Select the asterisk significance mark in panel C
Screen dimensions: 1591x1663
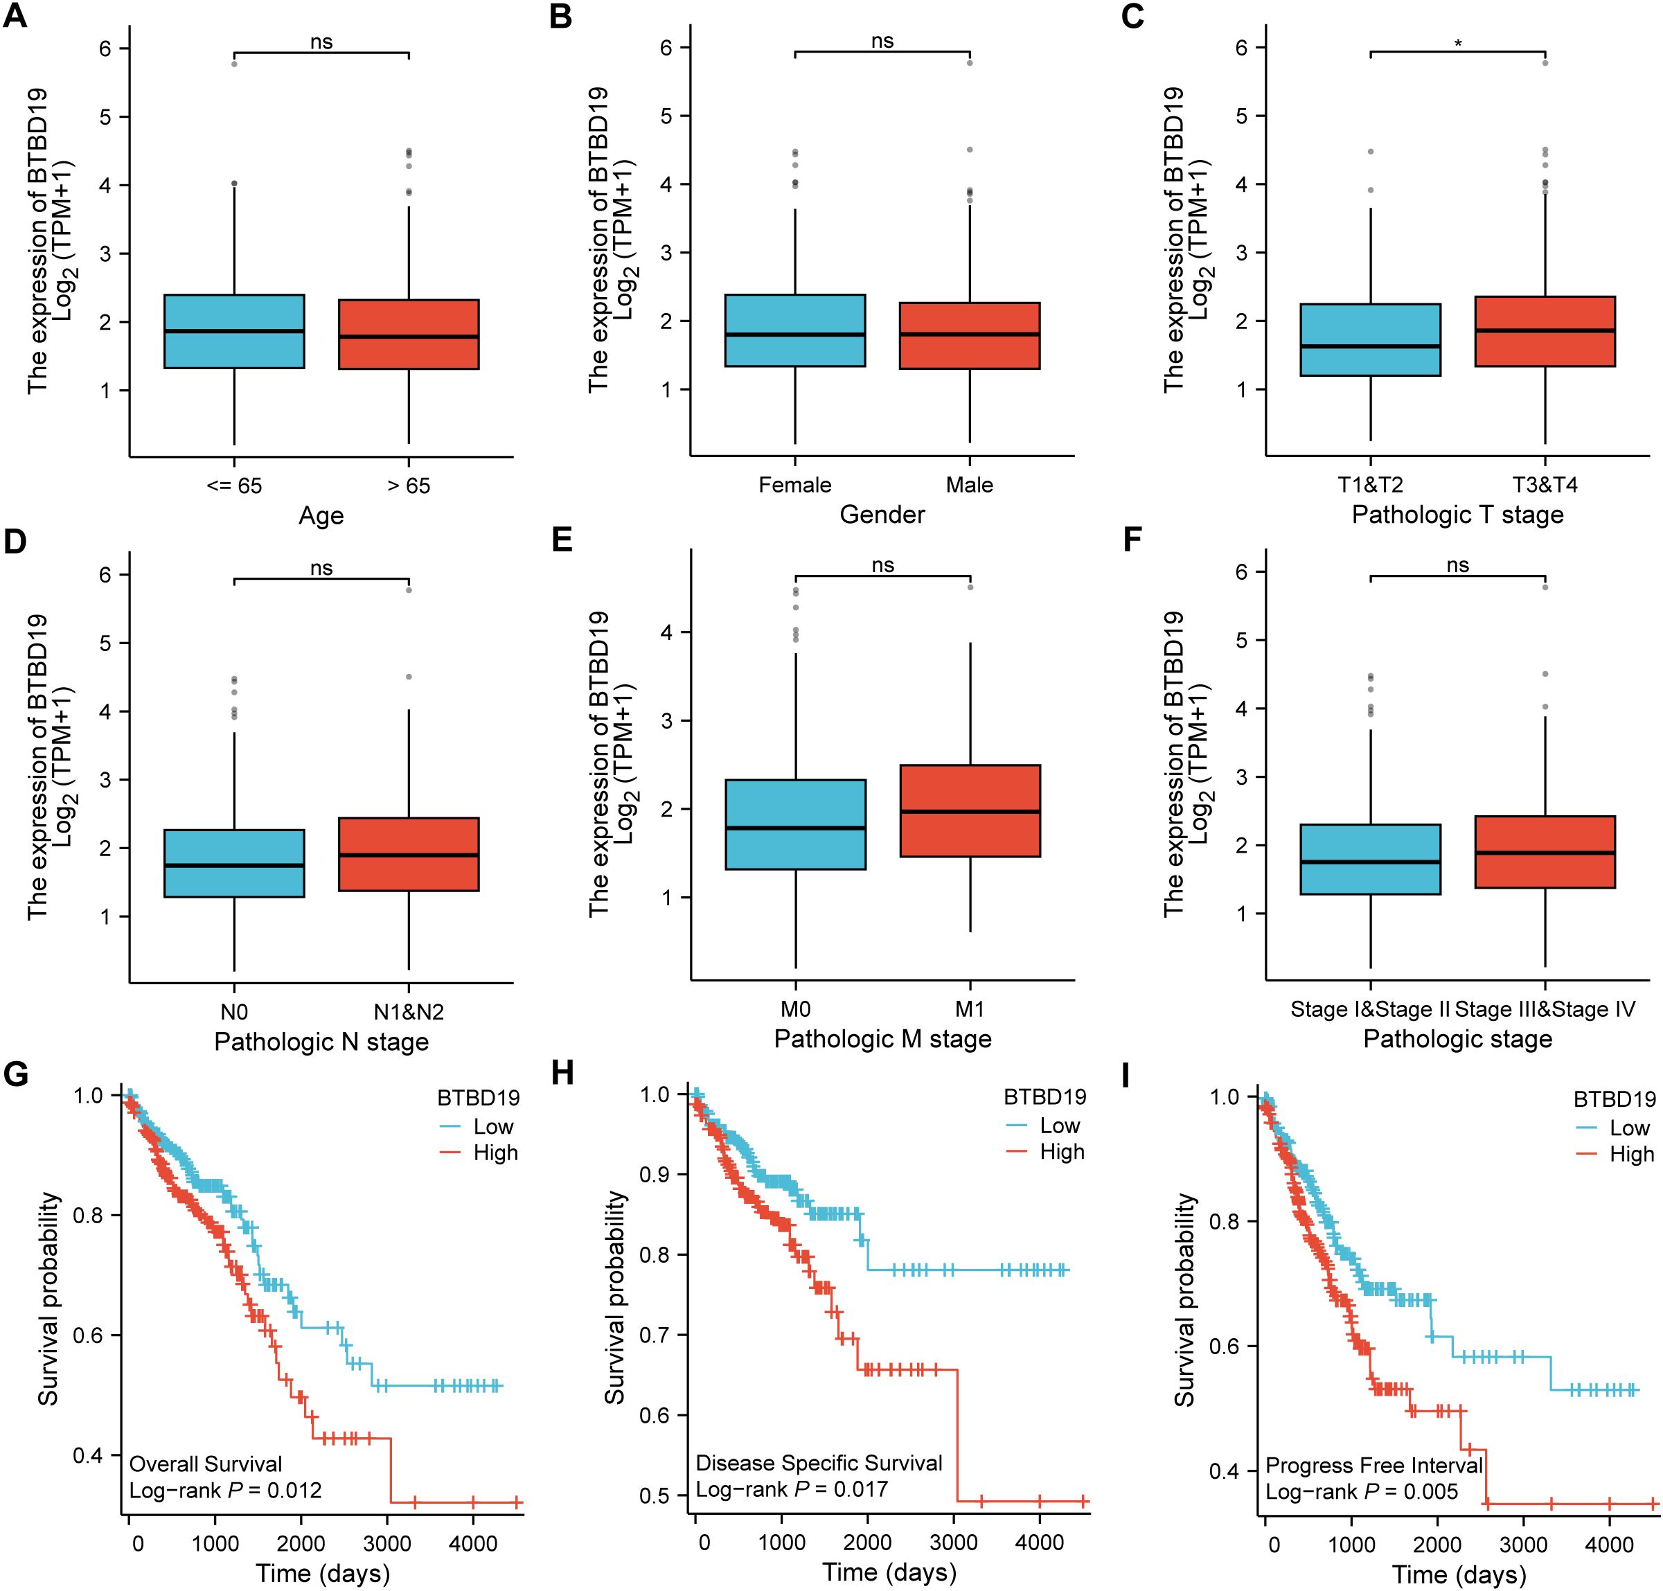click(1458, 42)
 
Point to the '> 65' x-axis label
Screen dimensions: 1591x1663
click(409, 486)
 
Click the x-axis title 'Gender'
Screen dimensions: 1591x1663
click(882, 515)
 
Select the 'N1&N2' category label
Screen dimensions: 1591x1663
click(409, 1012)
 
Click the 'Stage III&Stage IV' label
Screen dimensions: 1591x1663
click(1545, 1009)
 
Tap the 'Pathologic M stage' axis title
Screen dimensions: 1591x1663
click(882, 1039)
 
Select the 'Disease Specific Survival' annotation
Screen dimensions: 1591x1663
click(819, 1463)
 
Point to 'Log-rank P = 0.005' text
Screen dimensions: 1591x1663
click(1362, 1491)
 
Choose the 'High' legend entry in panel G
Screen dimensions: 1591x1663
click(495, 1153)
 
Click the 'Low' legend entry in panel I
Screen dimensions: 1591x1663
click(1629, 1128)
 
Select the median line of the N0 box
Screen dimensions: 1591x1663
click(234, 865)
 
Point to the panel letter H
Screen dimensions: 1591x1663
click(562, 1074)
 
